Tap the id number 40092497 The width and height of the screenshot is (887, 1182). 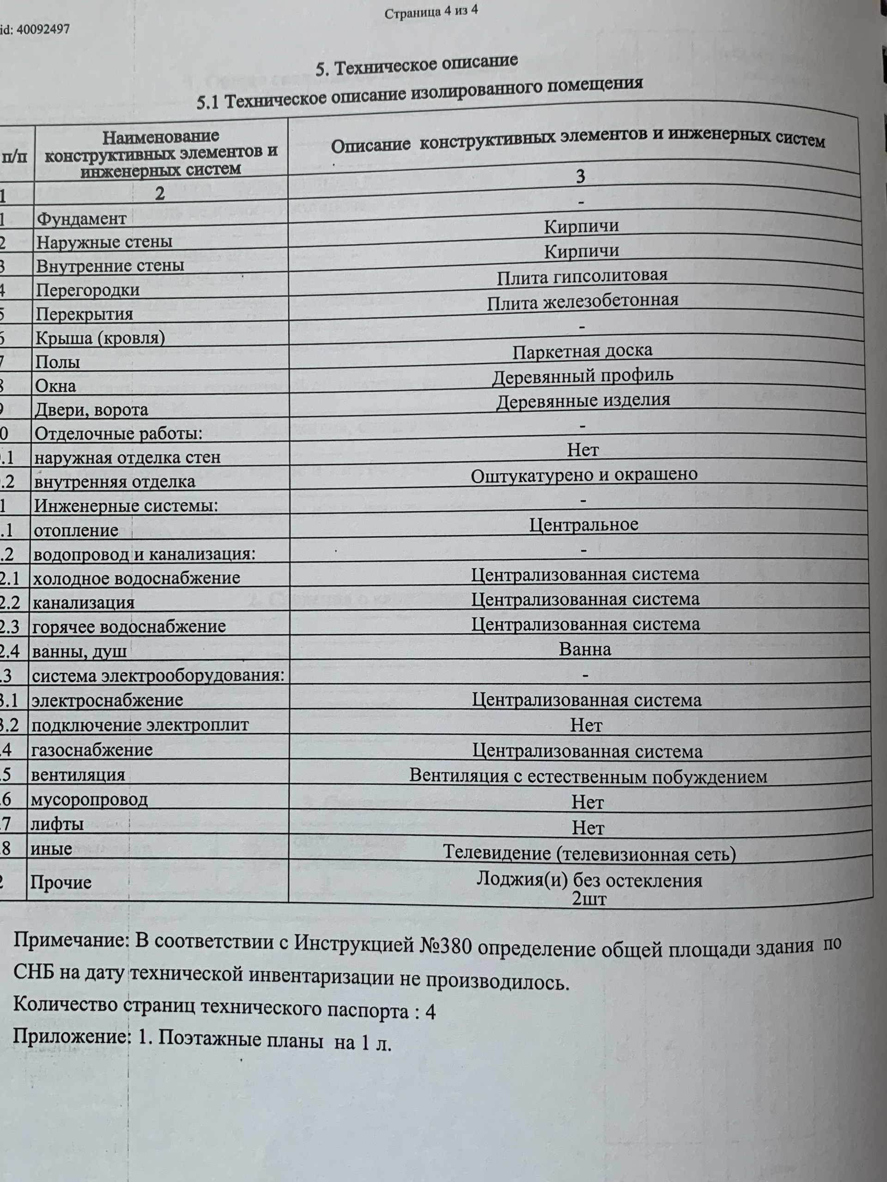click(43, 30)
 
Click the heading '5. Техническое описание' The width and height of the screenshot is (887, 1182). click(417, 65)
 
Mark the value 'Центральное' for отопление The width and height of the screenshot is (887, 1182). click(584, 524)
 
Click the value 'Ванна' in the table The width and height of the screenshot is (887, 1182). click(585, 649)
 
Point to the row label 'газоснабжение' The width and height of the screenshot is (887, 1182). click(92, 750)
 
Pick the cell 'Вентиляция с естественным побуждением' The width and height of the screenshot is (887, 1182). click(588, 776)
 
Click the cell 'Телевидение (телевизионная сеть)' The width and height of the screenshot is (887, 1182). click(589, 853)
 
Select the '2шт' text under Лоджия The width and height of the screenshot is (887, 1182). click(589, 899)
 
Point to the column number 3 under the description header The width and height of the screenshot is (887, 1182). click(580, 176)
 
